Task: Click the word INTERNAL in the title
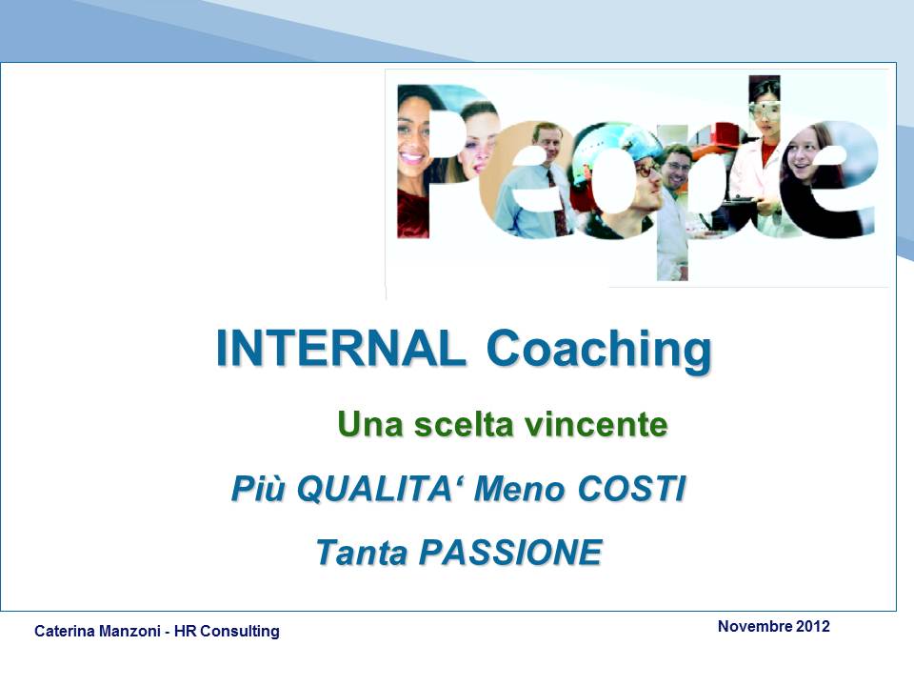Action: point(341,349)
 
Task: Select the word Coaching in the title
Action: point(599,352)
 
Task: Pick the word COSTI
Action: point(631,488)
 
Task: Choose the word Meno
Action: point(520,489)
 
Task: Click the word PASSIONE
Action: point(510,552)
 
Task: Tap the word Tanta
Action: point(362,552)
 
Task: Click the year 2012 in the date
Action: point(812,627)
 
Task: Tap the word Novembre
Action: point(755,627)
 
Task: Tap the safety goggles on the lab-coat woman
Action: point(766,109)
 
